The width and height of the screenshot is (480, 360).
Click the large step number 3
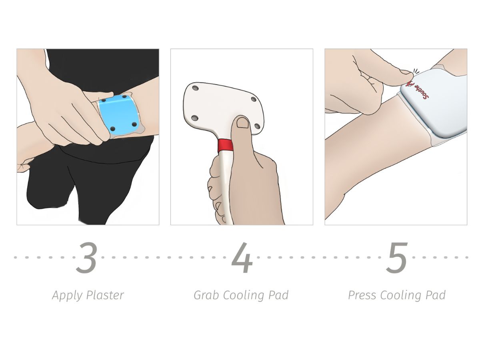(x=86, y=258)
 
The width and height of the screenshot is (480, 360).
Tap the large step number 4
(x=242, y=258)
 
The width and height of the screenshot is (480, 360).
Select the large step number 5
(x=396, y=258)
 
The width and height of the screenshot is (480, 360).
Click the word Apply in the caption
(x=66, y=296)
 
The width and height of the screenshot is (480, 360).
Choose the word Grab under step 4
(x=206, y=295)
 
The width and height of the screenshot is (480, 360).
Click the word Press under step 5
(x=362, y=295)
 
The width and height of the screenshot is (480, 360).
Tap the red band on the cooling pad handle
(x=226, y=145)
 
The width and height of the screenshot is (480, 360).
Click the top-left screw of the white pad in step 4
(x=195, y=88)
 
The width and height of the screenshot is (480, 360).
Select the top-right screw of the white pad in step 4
(x=253, y=100)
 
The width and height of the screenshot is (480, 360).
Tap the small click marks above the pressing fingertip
(x=416, y=70)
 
